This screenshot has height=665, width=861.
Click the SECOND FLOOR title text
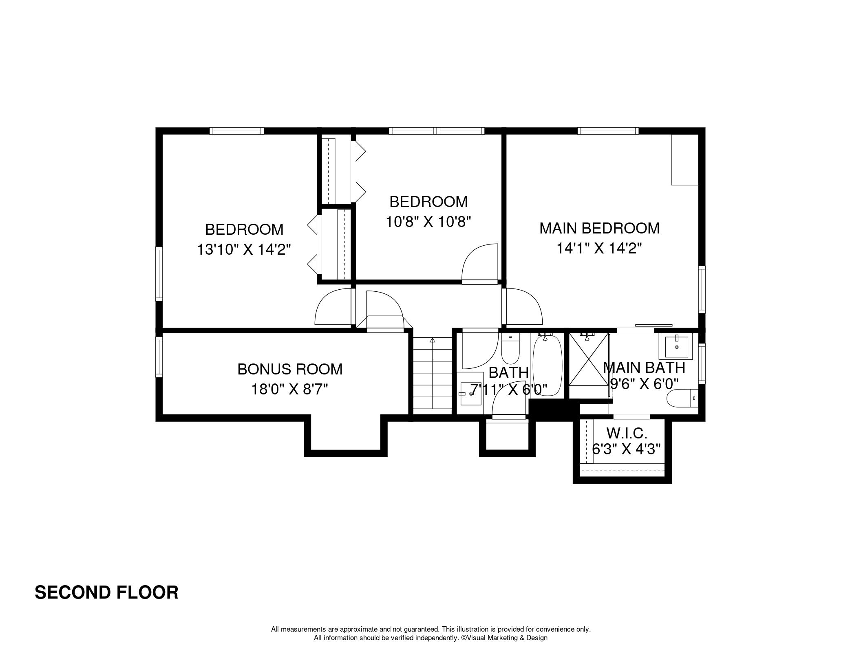click(x=106, y=592)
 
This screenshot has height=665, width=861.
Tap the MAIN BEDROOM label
click(x=599, y=228)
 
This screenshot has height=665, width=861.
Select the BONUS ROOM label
click(x=290, y=369)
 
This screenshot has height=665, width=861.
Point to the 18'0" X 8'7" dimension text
click(x=290, y=390)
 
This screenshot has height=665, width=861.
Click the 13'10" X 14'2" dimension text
click(x=244, y=249)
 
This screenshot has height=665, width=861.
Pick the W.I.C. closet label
click(x=627, y=433)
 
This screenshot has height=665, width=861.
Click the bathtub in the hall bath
click(x=548, y=365)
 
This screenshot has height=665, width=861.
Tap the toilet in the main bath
click(x=682, y=398)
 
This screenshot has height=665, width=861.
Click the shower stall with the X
click(x=588, y=359)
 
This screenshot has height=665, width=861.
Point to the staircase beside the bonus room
click(x=433, y=373)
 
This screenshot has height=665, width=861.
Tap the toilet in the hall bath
click(x=510, y=349)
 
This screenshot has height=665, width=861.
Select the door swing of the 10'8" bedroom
click(x=480, y=263)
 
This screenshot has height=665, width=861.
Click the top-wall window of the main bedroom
click(x=608, y=131)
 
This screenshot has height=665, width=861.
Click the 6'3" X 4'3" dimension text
click(x=627, y=449)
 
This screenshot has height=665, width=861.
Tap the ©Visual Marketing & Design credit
click(x=504, y=638)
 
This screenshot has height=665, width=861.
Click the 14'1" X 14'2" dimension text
click(x=599, y=248)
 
